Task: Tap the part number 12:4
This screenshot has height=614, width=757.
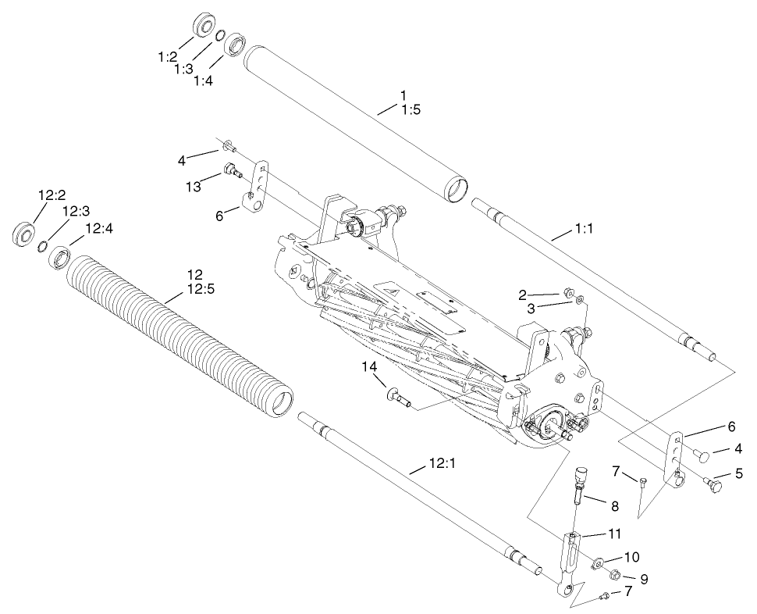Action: (x=98, y=229)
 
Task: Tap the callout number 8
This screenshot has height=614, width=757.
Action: (x=614, y=505)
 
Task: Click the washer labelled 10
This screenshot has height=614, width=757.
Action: (x=597, y=562)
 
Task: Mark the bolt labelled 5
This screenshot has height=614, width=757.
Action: (x=714, y=484)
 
